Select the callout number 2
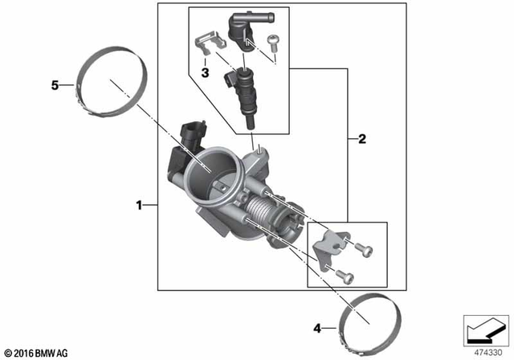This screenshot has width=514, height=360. [x=362, y=139]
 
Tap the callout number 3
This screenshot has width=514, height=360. [x=205, y=73]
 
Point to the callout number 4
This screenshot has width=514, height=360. [x=317, y=328]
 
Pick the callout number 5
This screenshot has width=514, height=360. [x=56, y=85]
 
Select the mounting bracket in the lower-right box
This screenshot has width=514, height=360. [x=330, y=246]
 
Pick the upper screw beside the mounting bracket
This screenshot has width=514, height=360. [x=364, y=252]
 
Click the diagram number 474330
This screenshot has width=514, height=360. [x=484, y=351]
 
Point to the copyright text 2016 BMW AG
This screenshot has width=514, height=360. [x=39, y=352]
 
